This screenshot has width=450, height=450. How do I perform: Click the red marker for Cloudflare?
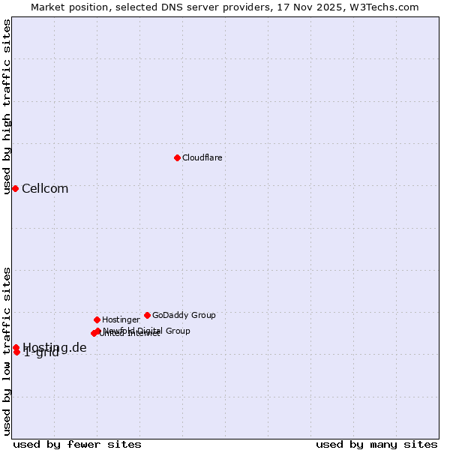177,157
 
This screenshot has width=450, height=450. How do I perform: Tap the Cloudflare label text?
202,157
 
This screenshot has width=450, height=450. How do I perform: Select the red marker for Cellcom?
15,188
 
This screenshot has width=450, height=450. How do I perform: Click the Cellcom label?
45,188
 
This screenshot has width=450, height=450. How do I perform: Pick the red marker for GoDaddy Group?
147,315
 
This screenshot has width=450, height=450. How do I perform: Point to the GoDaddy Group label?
184,315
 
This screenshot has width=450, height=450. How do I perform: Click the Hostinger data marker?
97,319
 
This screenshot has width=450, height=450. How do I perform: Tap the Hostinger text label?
121,319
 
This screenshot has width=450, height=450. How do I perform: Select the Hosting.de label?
55,347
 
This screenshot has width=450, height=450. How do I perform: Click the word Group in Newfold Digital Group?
177,331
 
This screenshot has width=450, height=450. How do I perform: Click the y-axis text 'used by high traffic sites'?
7,106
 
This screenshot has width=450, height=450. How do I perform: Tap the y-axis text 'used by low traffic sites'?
7,351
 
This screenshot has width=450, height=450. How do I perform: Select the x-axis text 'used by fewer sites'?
77,444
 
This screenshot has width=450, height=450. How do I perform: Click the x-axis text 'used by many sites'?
376,444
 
